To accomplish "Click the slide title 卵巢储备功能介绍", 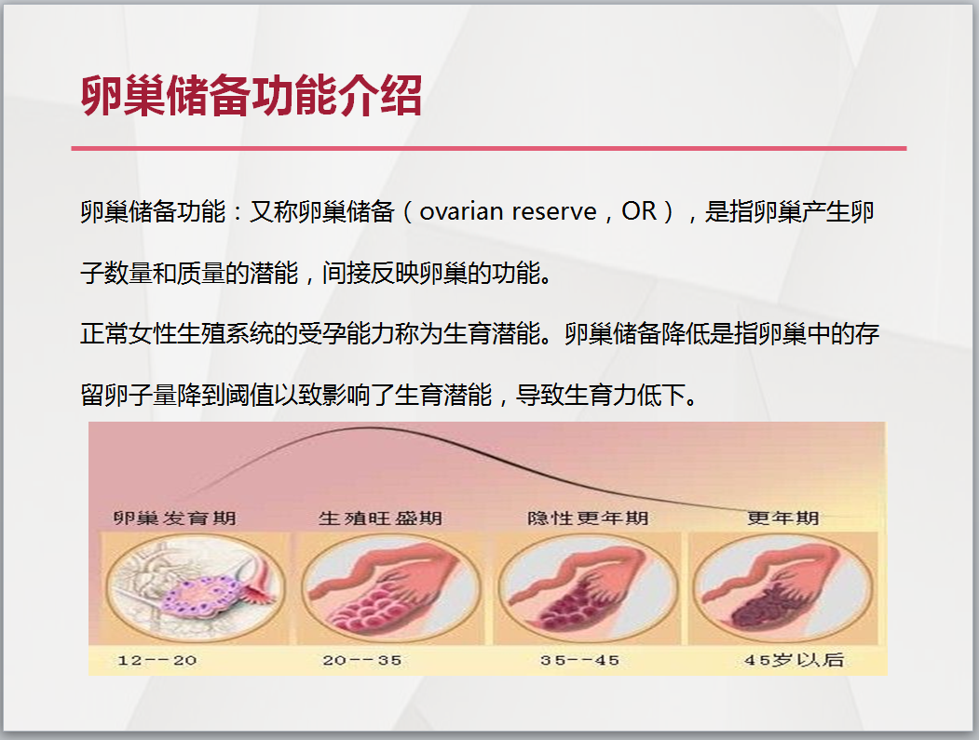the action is point(252,96).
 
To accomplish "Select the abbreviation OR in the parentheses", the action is point(639,211).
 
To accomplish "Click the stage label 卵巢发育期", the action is point(175,518).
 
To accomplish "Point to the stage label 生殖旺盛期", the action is point(380,518).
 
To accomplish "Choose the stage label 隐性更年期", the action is point(588,518).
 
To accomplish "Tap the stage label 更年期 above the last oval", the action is point(783,518).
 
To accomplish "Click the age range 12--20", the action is point(157,660).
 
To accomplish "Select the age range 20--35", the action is point(362,660).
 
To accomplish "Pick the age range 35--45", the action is point(580,660).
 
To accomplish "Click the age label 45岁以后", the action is point(794,660).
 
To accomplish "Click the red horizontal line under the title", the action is point(489,149).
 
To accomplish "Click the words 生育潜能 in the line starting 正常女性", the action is point(492,334).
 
